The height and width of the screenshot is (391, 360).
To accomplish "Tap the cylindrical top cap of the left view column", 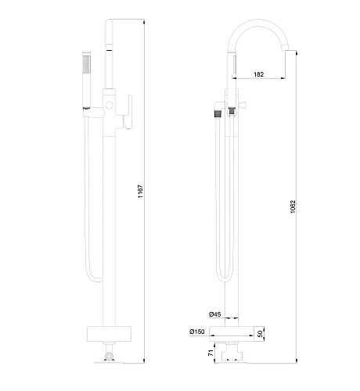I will (x=110, y=39).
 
